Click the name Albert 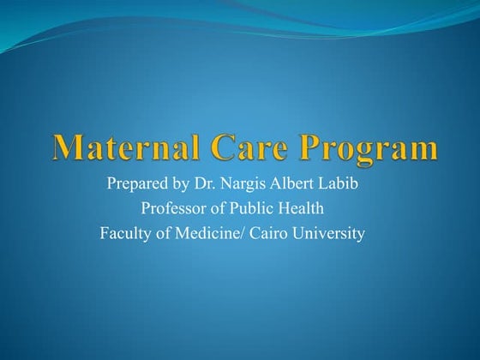pos(297,186)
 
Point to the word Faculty pos(127,232)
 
